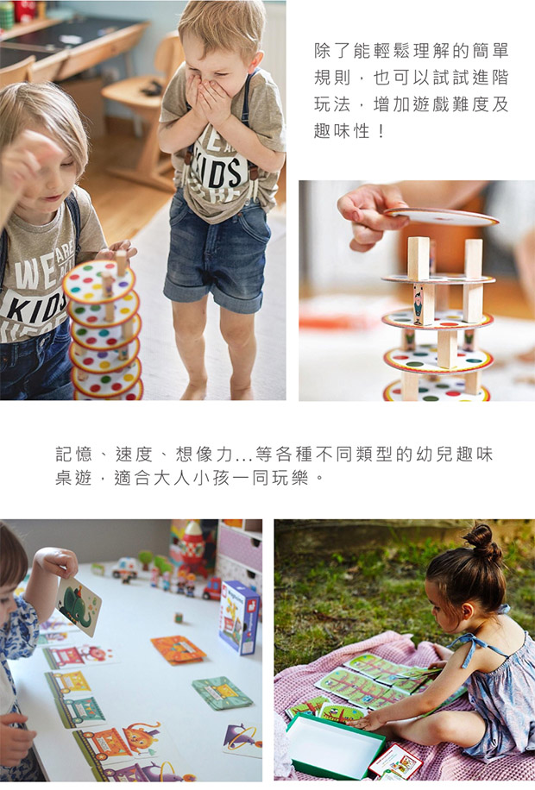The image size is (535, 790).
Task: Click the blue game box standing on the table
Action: [x=240, y=617]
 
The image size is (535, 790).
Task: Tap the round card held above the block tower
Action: [x=441, y=216]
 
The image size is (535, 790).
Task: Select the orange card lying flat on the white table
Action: [x=178, y=649]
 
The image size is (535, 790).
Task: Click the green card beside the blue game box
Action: [x=222, y=693]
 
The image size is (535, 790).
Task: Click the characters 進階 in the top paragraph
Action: [x=489, y=78]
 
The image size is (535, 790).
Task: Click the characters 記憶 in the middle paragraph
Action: [x=73, y=454]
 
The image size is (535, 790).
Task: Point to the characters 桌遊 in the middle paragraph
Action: [x=73, y=477]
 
